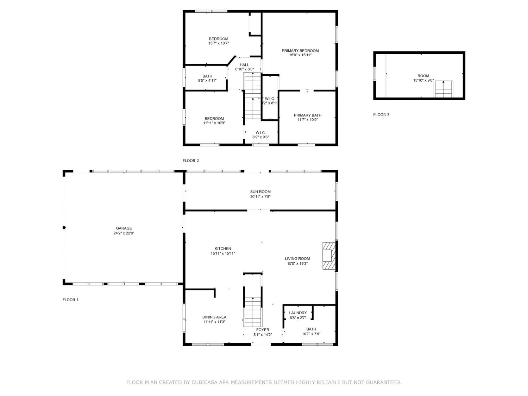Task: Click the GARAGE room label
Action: (x=124, y=228)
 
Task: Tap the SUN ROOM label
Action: (x=260, y=191)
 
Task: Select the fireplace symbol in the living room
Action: (x=329, y=256)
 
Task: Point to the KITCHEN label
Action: (x=223, y=249)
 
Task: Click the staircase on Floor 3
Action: (x=443, y=89)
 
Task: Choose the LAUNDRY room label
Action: (x=298, y=313)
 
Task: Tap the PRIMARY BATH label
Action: (x=307, y=115)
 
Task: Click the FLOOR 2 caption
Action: (x=191, y=161)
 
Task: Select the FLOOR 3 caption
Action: (x=381, y=115)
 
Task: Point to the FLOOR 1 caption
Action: (x=70, y=300)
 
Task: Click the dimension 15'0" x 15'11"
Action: (x=300, y=55)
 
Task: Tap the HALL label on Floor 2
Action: (x=244, y=65)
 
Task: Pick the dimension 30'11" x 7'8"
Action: (x=260, y=196)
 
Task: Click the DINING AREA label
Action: (x=214, y=317)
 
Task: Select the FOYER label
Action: (x=263, y=330)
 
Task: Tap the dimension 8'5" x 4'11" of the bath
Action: (x=207, y=81)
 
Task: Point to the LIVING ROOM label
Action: (x=297, y=259)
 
